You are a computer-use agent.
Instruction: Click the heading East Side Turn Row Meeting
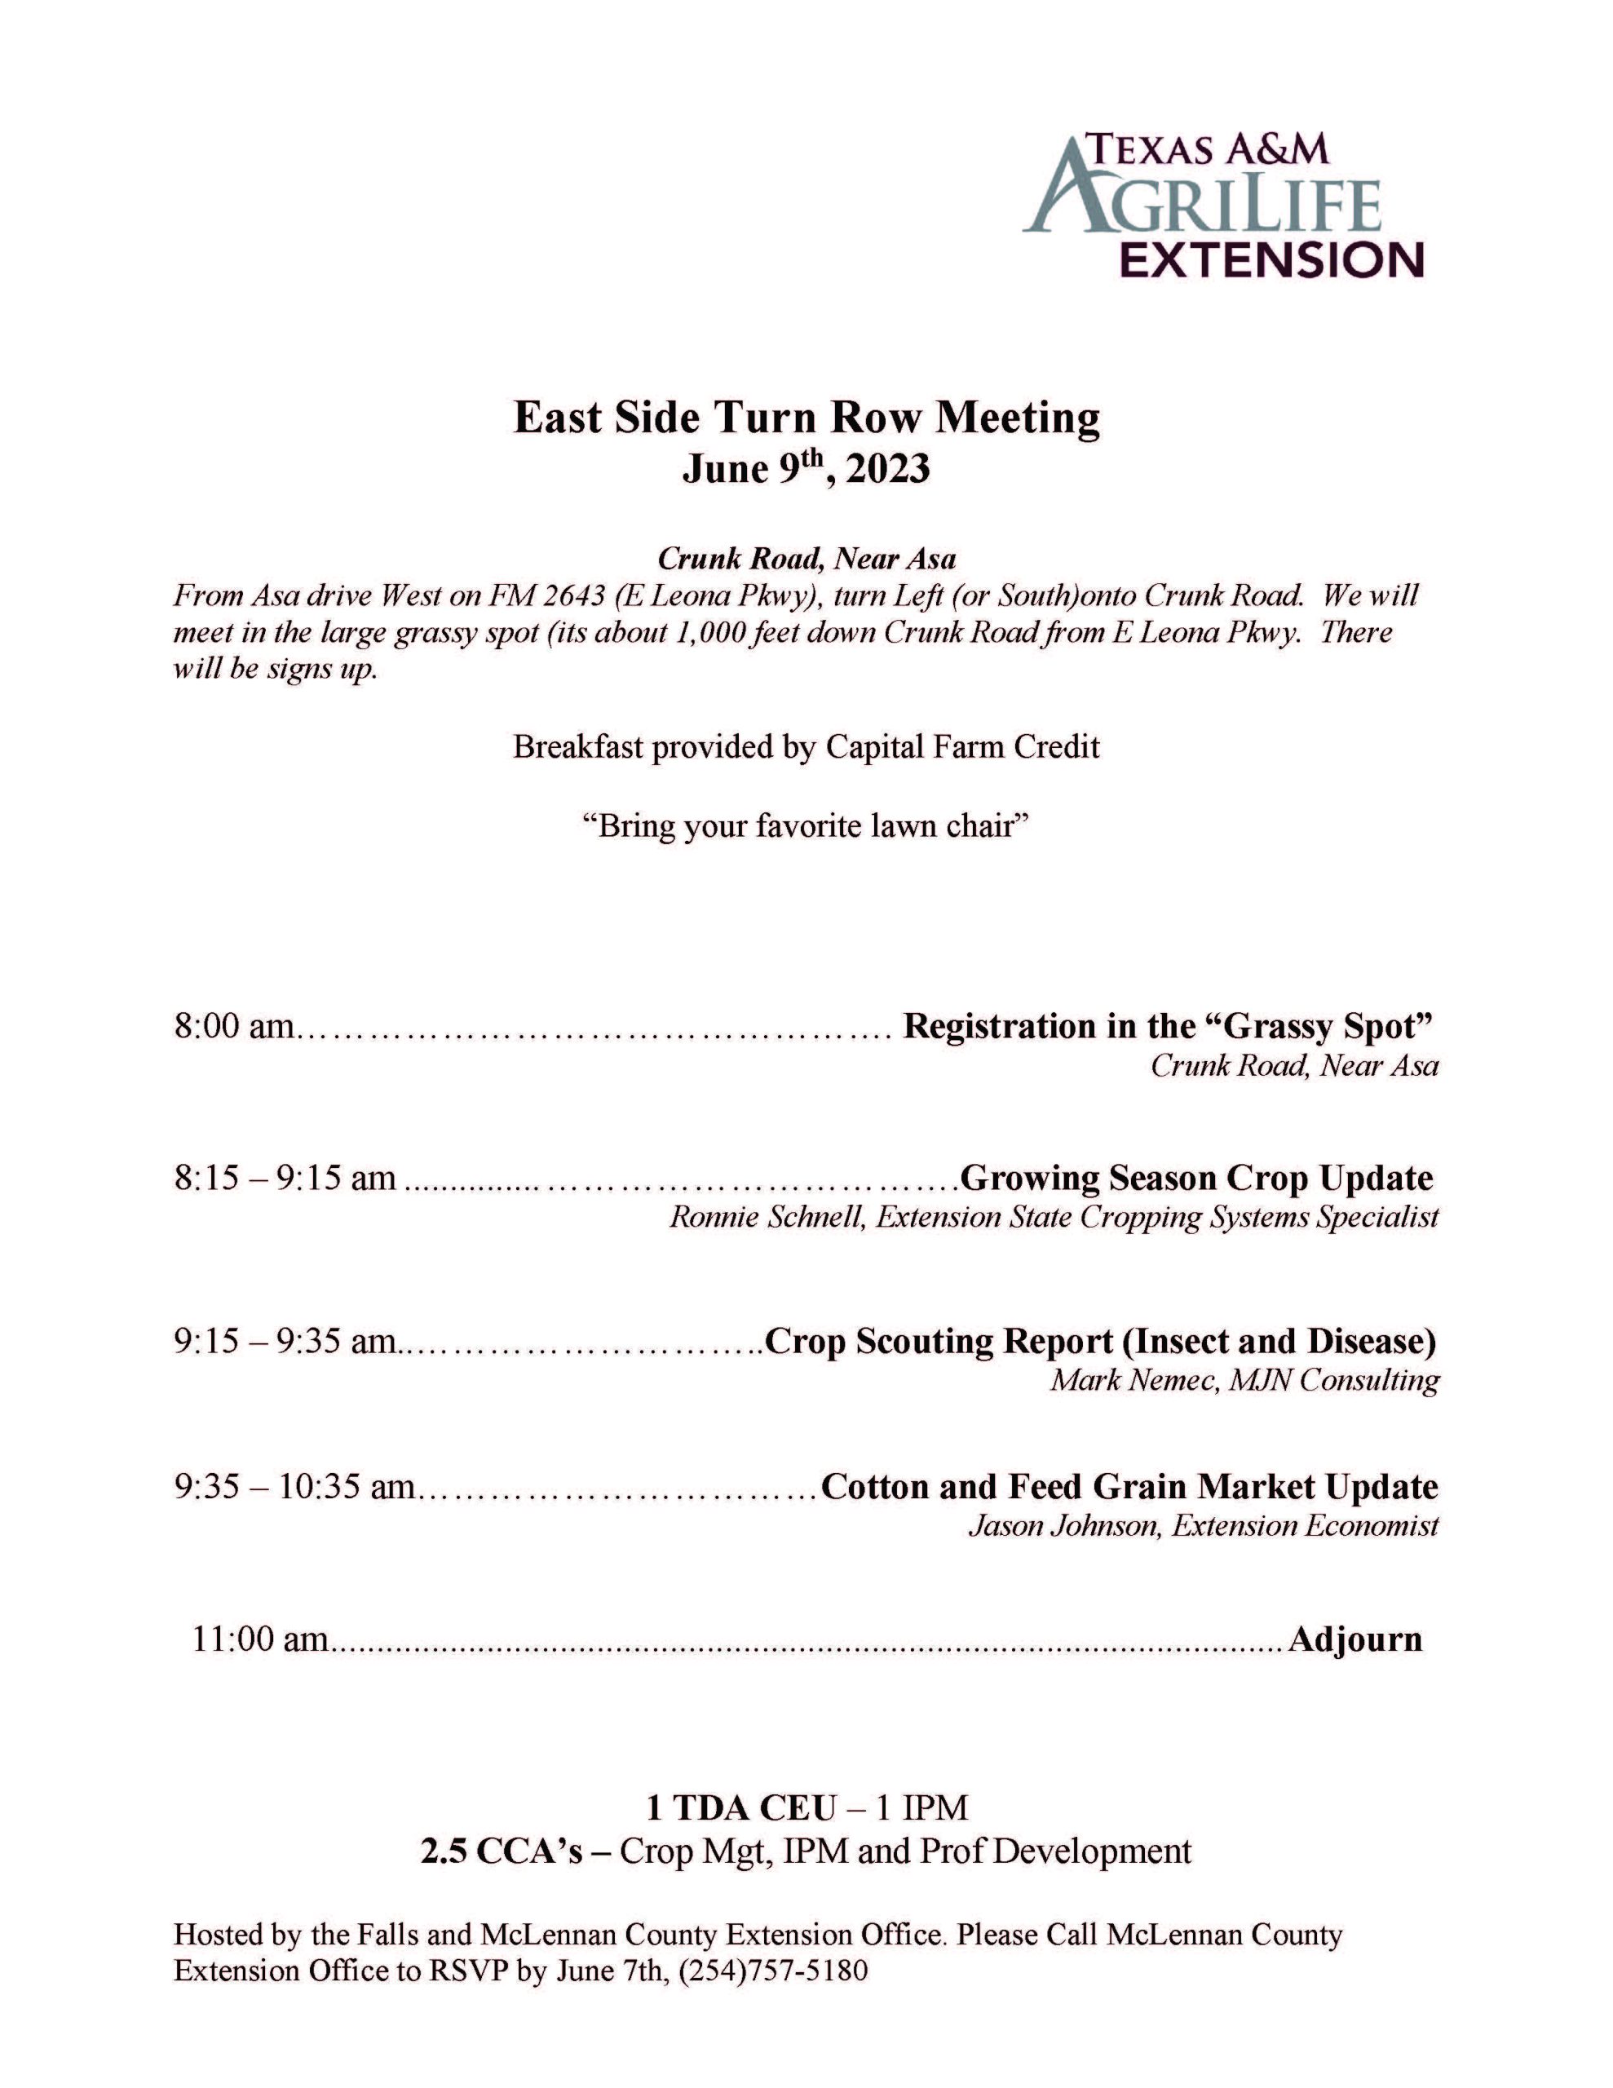coord(806,418)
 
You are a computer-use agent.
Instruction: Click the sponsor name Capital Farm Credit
coord(962,745)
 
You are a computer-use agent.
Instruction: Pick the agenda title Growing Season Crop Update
coord(1195,1177)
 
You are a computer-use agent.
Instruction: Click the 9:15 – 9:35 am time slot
coord(285,1342)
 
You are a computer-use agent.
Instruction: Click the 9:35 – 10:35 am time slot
coord(294,1487)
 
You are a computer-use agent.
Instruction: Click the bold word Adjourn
coord(1354,1639)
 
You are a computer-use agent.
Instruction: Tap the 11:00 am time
coord(260,1639)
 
